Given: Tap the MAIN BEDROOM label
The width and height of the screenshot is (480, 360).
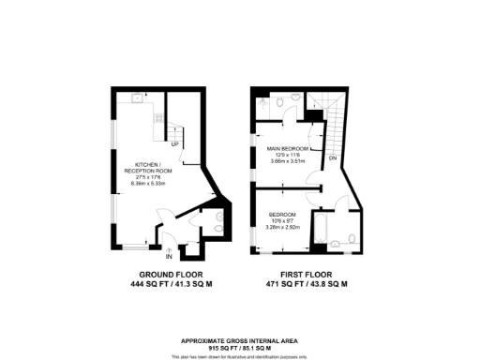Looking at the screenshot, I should [288, 148].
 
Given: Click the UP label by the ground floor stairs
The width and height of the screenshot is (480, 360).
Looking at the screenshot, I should [174, 143].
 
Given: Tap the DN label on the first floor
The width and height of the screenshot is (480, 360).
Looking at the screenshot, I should [333, 158].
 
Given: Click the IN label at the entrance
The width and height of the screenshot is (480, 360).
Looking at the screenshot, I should [169, 255].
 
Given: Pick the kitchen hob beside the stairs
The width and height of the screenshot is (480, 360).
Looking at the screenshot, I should [157, 117].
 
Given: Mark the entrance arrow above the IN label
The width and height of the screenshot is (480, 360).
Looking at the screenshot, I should [169, 247].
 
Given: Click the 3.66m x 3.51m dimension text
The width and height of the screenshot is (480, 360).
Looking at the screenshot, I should [288, 161].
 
